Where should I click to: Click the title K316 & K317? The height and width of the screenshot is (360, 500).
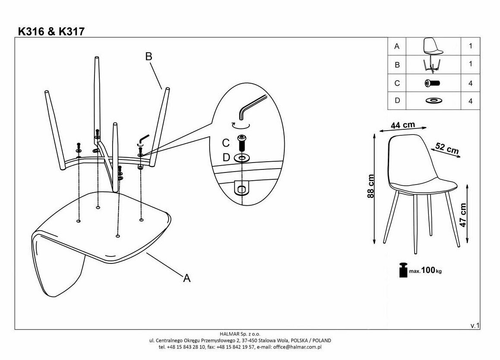tap(51, 31)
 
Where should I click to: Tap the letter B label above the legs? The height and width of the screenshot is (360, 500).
tap(149, 56)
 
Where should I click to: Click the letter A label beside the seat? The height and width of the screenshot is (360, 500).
tap(187, 279)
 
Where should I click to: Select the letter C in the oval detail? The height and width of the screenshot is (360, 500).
tap(226, 143)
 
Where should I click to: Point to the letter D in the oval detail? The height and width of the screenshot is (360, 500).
tap(226, 158)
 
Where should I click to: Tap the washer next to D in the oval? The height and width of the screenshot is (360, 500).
tap(242, 158)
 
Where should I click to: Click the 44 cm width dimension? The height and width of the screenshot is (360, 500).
tap(403, 125)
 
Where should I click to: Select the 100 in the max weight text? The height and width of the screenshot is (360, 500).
tap(428, 270)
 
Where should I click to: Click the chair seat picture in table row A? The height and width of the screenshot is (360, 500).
tap(433, 46)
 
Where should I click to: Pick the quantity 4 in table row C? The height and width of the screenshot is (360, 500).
tap(470, 83)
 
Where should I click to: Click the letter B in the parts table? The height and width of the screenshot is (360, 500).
tap(397, 65)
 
